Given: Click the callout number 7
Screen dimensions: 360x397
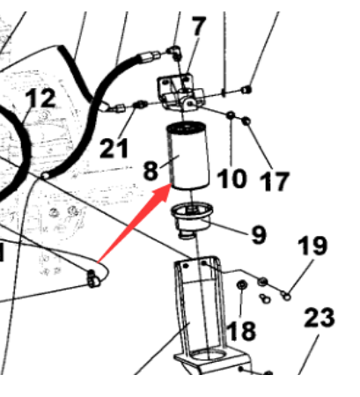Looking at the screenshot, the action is [199, 26].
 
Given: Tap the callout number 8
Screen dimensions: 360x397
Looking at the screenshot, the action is [151, 171].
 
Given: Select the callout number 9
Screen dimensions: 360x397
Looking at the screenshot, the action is [259, 235].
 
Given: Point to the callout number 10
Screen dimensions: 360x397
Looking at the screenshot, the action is [231, 179].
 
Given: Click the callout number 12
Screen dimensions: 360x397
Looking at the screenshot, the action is [40, 98].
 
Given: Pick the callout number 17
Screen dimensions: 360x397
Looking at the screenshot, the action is [275, 181].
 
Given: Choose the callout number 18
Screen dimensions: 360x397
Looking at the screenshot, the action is [241, 331].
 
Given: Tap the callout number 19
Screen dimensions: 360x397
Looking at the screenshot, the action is [312, 246].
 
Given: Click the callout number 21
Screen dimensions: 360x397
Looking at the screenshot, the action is [114, 148].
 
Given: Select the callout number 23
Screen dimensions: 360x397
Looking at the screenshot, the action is [320, 318].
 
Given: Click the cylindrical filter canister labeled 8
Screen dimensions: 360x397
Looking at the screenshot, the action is [187, 156].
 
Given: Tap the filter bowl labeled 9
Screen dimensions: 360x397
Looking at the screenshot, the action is [192, 220].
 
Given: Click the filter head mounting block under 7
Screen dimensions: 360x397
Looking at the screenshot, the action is [180, 92].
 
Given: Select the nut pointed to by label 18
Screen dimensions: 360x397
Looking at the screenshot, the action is [241, 284].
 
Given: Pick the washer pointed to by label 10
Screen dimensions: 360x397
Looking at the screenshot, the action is [231, 114].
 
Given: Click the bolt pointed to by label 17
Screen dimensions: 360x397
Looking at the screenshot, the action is [246, 120].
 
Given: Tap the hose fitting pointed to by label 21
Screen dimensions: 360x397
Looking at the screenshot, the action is [140, 105].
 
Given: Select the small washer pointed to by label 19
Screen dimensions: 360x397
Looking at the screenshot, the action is [286, 296].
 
